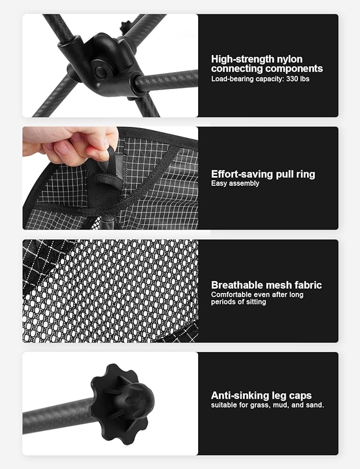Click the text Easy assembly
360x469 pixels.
[235, 184]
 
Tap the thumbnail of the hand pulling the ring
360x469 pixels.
[110, 178]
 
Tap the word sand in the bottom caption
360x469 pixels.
[315, 405]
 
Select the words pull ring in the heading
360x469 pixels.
[294, 174]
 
